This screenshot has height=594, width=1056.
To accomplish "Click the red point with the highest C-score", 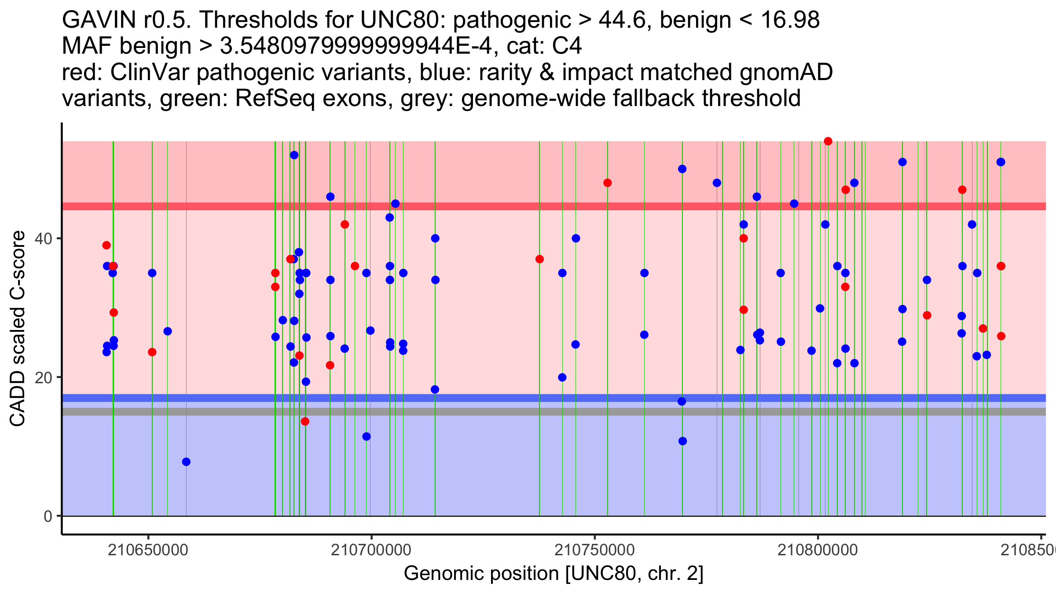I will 828,141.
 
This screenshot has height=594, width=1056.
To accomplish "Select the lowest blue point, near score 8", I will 186,462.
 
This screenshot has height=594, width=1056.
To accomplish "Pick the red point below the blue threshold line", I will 305,421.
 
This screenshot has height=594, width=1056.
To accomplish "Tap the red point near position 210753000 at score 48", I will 608,183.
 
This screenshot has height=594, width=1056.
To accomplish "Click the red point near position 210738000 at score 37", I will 539,259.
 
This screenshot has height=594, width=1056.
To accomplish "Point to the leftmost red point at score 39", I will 106,245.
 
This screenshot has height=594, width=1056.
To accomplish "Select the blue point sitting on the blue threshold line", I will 682,401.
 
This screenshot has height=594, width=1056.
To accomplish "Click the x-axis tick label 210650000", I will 148,550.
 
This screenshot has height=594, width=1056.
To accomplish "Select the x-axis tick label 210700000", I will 371,550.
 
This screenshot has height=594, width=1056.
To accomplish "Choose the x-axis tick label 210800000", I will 818,550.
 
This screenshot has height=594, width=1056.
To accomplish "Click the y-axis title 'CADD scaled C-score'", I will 18,328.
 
